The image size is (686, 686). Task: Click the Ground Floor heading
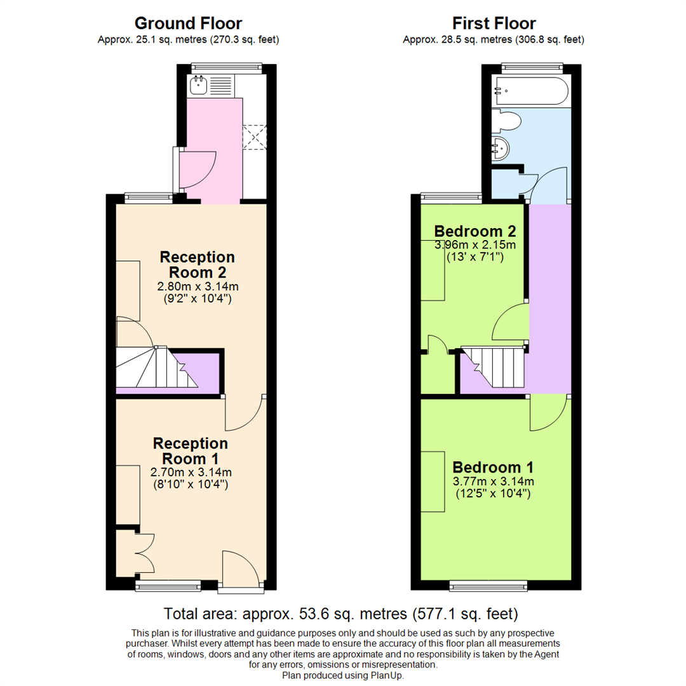188,24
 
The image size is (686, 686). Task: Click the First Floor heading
494,24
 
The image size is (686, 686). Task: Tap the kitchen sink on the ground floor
198,85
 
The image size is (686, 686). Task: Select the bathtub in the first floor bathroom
530,91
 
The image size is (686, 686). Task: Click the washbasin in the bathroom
500,148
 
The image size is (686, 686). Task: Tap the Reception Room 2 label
198,265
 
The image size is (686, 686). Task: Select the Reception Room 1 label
191,451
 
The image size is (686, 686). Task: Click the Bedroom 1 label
493,467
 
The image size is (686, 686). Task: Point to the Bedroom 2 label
475,231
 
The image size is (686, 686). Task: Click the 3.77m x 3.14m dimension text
493,481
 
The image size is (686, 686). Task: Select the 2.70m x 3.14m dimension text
191,473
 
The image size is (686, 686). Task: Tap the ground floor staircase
157,367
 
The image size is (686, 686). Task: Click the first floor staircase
494,367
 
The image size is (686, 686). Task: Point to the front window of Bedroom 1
488,586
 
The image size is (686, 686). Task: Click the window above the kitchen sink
227,67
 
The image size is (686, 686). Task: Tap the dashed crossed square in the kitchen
254,137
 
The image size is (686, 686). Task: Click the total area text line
341,614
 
